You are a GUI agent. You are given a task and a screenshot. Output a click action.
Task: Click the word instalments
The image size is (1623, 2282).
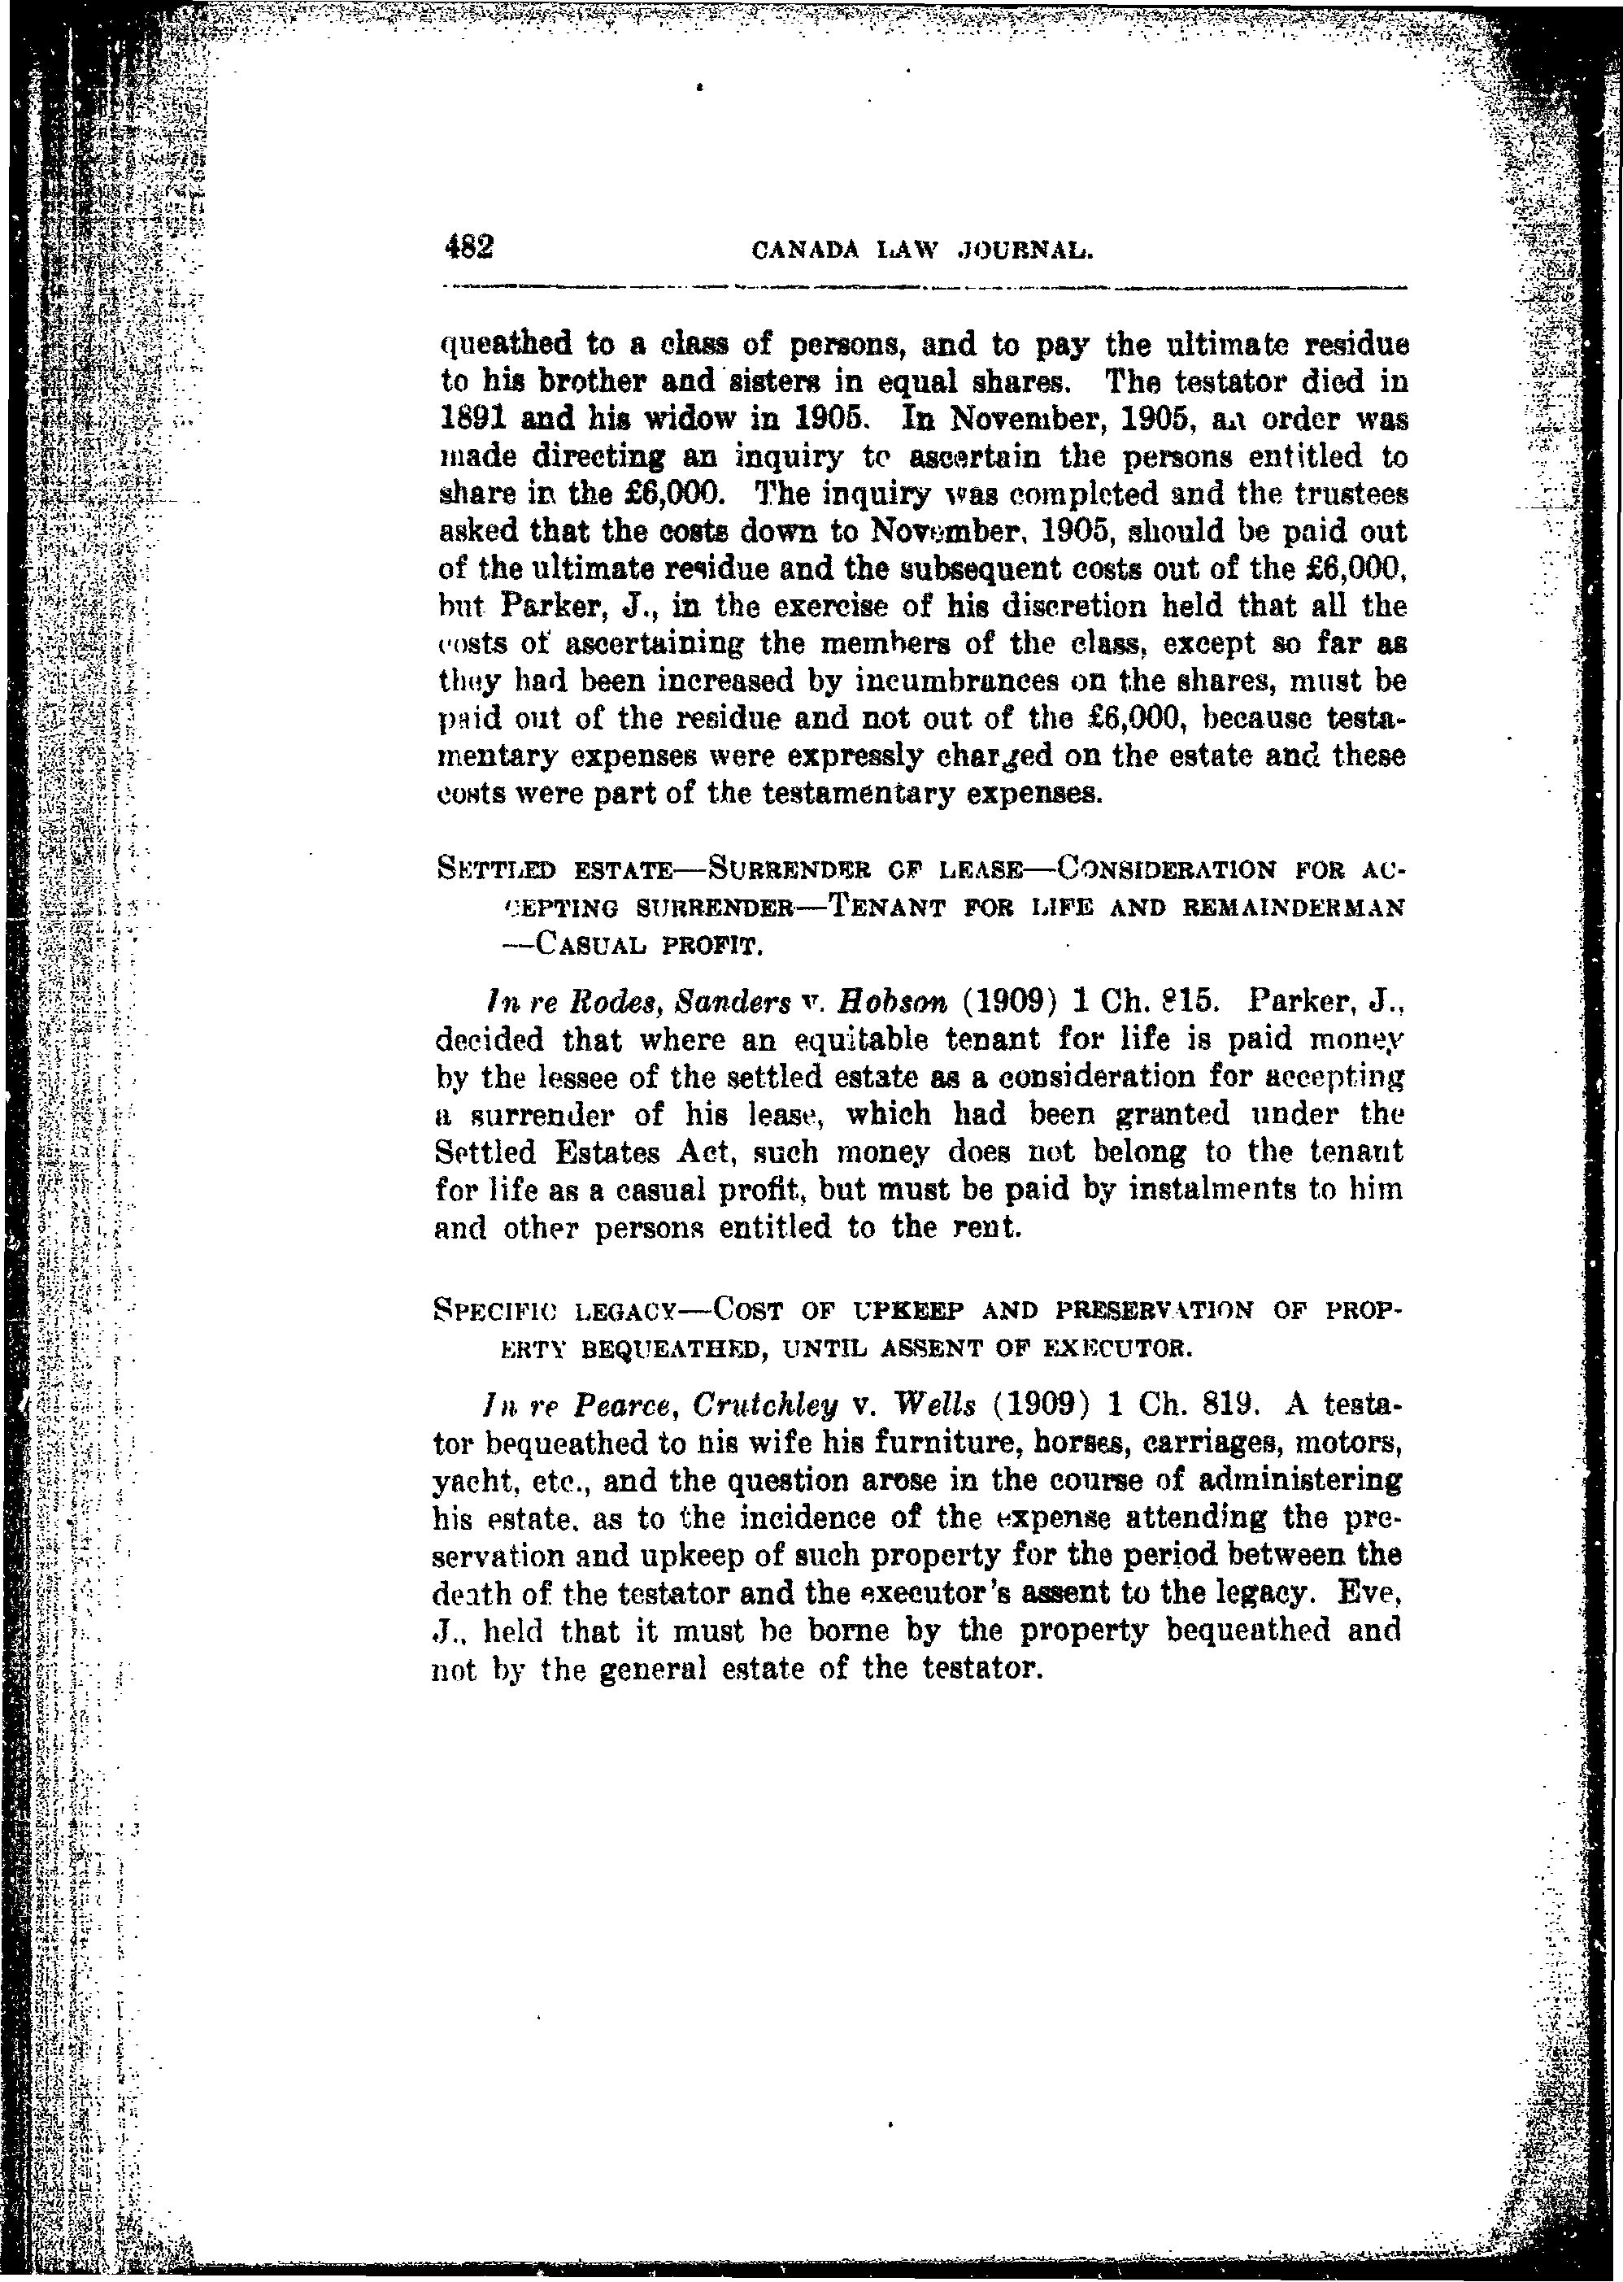(x=1174, y=1191)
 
